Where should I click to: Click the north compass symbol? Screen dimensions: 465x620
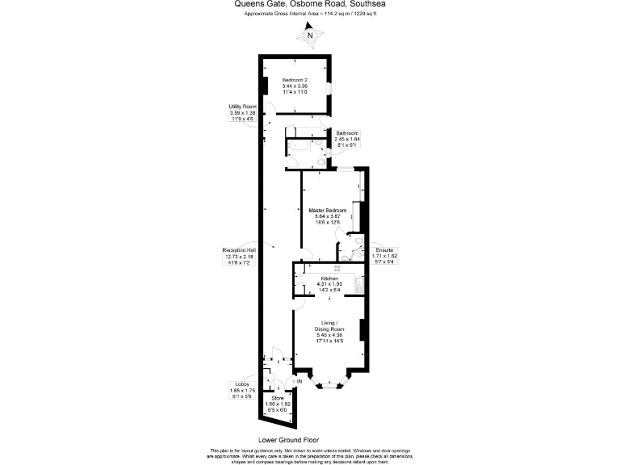click(x=310, y=35)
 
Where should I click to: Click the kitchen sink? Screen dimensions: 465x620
click(x=360, y=282)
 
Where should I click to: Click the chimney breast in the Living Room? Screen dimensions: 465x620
click(x=363, y=330)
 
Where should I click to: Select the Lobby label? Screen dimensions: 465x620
click(x=241, y=391)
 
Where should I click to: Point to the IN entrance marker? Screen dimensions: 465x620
click(x=300, y=380)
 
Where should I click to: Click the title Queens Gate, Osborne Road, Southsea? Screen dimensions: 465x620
click(x=309, y=4)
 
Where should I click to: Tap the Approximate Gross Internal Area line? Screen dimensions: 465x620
click(x=309, y=15)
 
